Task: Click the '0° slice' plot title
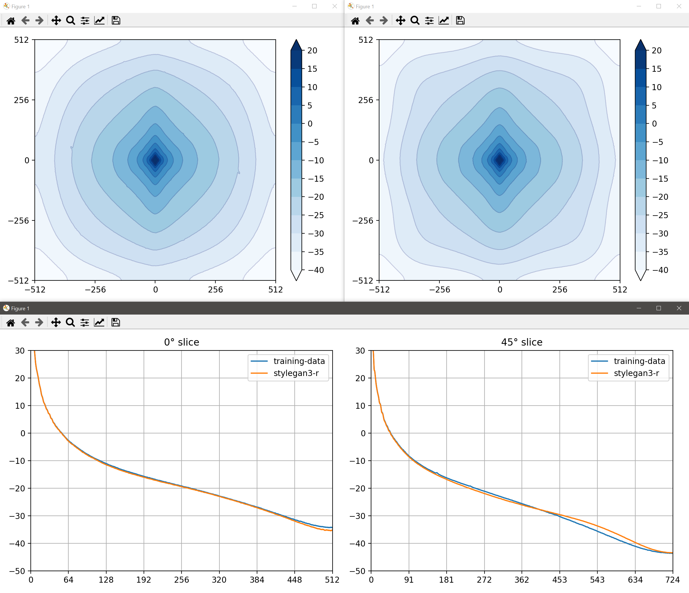click(182, 342)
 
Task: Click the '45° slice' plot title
click(522, 342)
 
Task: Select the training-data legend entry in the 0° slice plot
click(299, 361)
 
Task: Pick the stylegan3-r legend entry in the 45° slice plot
click(636, 373)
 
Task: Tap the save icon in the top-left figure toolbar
click(116, 21)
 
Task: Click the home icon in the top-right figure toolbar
click(355, 21)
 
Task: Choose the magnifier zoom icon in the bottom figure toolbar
click(70, 322)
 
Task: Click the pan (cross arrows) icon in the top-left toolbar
click(56, 21)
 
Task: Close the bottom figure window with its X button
click(679, 308)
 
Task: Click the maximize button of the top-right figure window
click(658, 6)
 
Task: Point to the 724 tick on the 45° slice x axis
click(672, 580)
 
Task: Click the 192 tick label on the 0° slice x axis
click(144, 580)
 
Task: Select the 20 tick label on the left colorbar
click(312, 51)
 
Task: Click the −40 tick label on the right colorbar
click(660, 270)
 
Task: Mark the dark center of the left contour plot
click(155, 160)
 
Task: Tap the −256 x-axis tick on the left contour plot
click(95, 290)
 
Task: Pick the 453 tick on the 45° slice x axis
click(559, 580)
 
